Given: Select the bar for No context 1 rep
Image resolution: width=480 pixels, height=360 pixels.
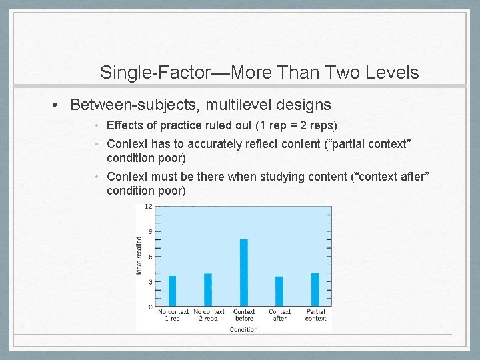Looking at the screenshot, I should click(x=172, y=291).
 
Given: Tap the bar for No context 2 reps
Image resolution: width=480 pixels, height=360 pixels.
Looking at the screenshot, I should click(x=208, y=290).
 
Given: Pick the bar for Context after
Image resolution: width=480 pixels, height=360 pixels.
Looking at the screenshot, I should click(x=279, y=291).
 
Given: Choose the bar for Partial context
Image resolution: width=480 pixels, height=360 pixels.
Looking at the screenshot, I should click(x=315, y=290).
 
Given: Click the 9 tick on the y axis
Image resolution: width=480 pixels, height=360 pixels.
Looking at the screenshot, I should click(x=150, y=232).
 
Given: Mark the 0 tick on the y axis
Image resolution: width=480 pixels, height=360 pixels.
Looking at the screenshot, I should click(x=150, y=307).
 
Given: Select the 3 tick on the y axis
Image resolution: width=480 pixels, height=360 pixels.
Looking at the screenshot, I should click(x=150, y=282).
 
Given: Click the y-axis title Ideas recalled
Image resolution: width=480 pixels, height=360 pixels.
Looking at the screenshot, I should click(x=139, y=256).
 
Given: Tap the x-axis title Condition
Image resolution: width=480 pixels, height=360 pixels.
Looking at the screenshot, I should click(x=243, y=329).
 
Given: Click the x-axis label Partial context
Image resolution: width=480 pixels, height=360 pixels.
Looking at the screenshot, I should click(x=315, y=315).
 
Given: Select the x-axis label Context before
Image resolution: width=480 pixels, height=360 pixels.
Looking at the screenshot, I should click(x=244, y=315).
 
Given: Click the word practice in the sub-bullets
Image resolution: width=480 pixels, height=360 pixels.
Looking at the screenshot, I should click(x=171, y=125).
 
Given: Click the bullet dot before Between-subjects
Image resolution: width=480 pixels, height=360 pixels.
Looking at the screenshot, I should click(x=59, y=105).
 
